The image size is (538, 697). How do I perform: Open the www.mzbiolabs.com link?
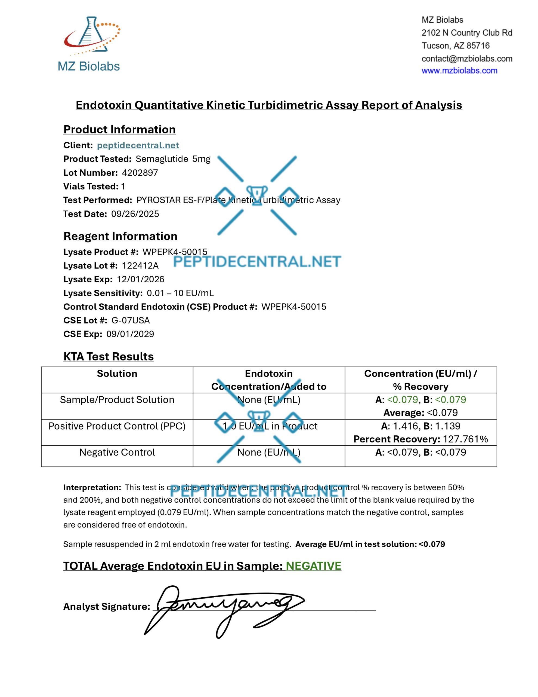(x=459, y=71)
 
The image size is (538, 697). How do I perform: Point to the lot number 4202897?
(x=140, y=173)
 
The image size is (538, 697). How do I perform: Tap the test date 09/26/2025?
(x=135, y=214)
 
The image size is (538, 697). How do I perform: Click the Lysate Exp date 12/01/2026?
(x=141, y=279)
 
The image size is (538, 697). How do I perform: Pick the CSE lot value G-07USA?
(x=131, y=320)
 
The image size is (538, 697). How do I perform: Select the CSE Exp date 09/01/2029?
(x=130, y=334)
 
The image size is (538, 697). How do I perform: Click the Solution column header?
(x=117, y=374)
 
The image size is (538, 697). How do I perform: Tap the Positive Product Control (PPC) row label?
(x=117, y=426)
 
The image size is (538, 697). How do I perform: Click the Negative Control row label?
(x=117, y=452)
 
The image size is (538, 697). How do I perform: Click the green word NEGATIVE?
(x=313, y=566)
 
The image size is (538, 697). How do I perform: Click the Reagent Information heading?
(x=120, y=236)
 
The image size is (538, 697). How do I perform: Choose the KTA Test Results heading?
(x=109, y=356)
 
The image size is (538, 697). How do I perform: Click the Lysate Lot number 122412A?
(x=140, y=265)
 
